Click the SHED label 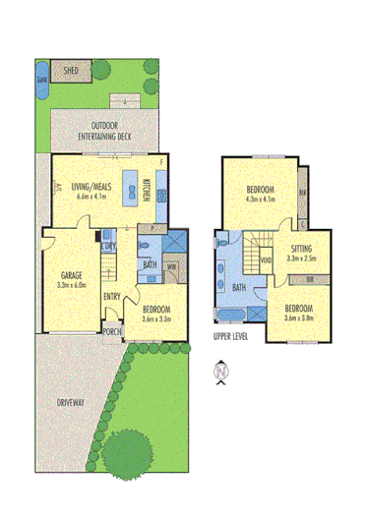tap(70, 72)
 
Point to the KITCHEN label tap(148, 190)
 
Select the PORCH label tap(112, 331)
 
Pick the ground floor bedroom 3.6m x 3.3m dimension tap(155, 317)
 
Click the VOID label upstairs tap(264, 259)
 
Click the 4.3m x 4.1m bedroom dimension tap(259, 199)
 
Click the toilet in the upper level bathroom tap(223, 241)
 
